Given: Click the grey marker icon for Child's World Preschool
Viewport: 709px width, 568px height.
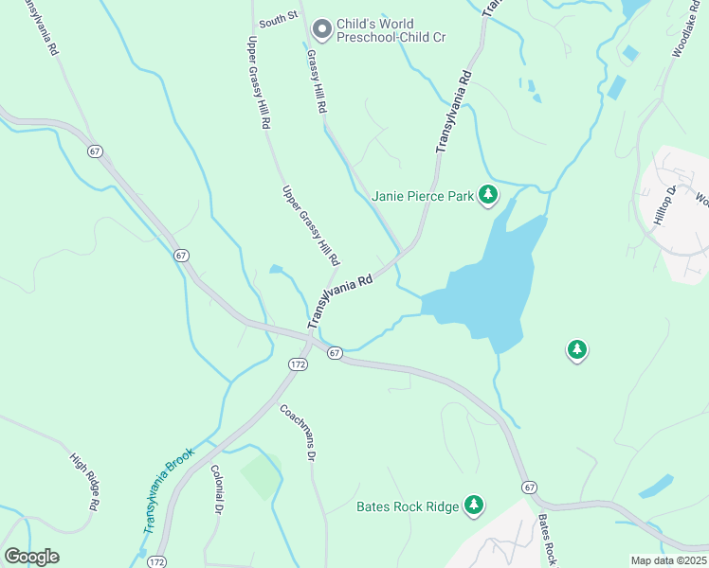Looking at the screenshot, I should coord(321,30).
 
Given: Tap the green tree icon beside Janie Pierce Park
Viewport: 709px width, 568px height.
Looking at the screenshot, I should coord(488,196).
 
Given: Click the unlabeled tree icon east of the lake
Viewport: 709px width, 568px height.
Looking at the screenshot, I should coord(576,351).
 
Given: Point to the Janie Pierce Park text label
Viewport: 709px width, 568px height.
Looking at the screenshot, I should coord(422,197).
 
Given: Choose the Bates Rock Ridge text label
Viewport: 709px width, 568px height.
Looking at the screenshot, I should coord(408,507).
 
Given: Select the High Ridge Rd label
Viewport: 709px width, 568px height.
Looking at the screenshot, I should coord(85,482).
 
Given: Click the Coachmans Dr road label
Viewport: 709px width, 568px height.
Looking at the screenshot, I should coord(297,432).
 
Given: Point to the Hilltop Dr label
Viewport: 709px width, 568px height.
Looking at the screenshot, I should coord(664,204).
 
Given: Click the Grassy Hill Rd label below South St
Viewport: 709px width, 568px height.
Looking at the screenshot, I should coord(316,81).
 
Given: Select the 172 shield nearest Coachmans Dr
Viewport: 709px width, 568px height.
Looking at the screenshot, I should coord(298,364).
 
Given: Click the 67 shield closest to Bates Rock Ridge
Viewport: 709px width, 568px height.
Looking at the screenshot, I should coord(529,487).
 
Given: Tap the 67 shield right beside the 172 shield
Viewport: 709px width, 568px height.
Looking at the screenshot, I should coord(335,353).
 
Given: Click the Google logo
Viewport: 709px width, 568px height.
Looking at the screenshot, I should coord(31,556).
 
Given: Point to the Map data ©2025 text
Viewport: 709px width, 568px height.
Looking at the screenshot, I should coord(669,560).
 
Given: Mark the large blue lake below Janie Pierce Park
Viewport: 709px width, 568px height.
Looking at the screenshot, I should coord(488,289).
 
